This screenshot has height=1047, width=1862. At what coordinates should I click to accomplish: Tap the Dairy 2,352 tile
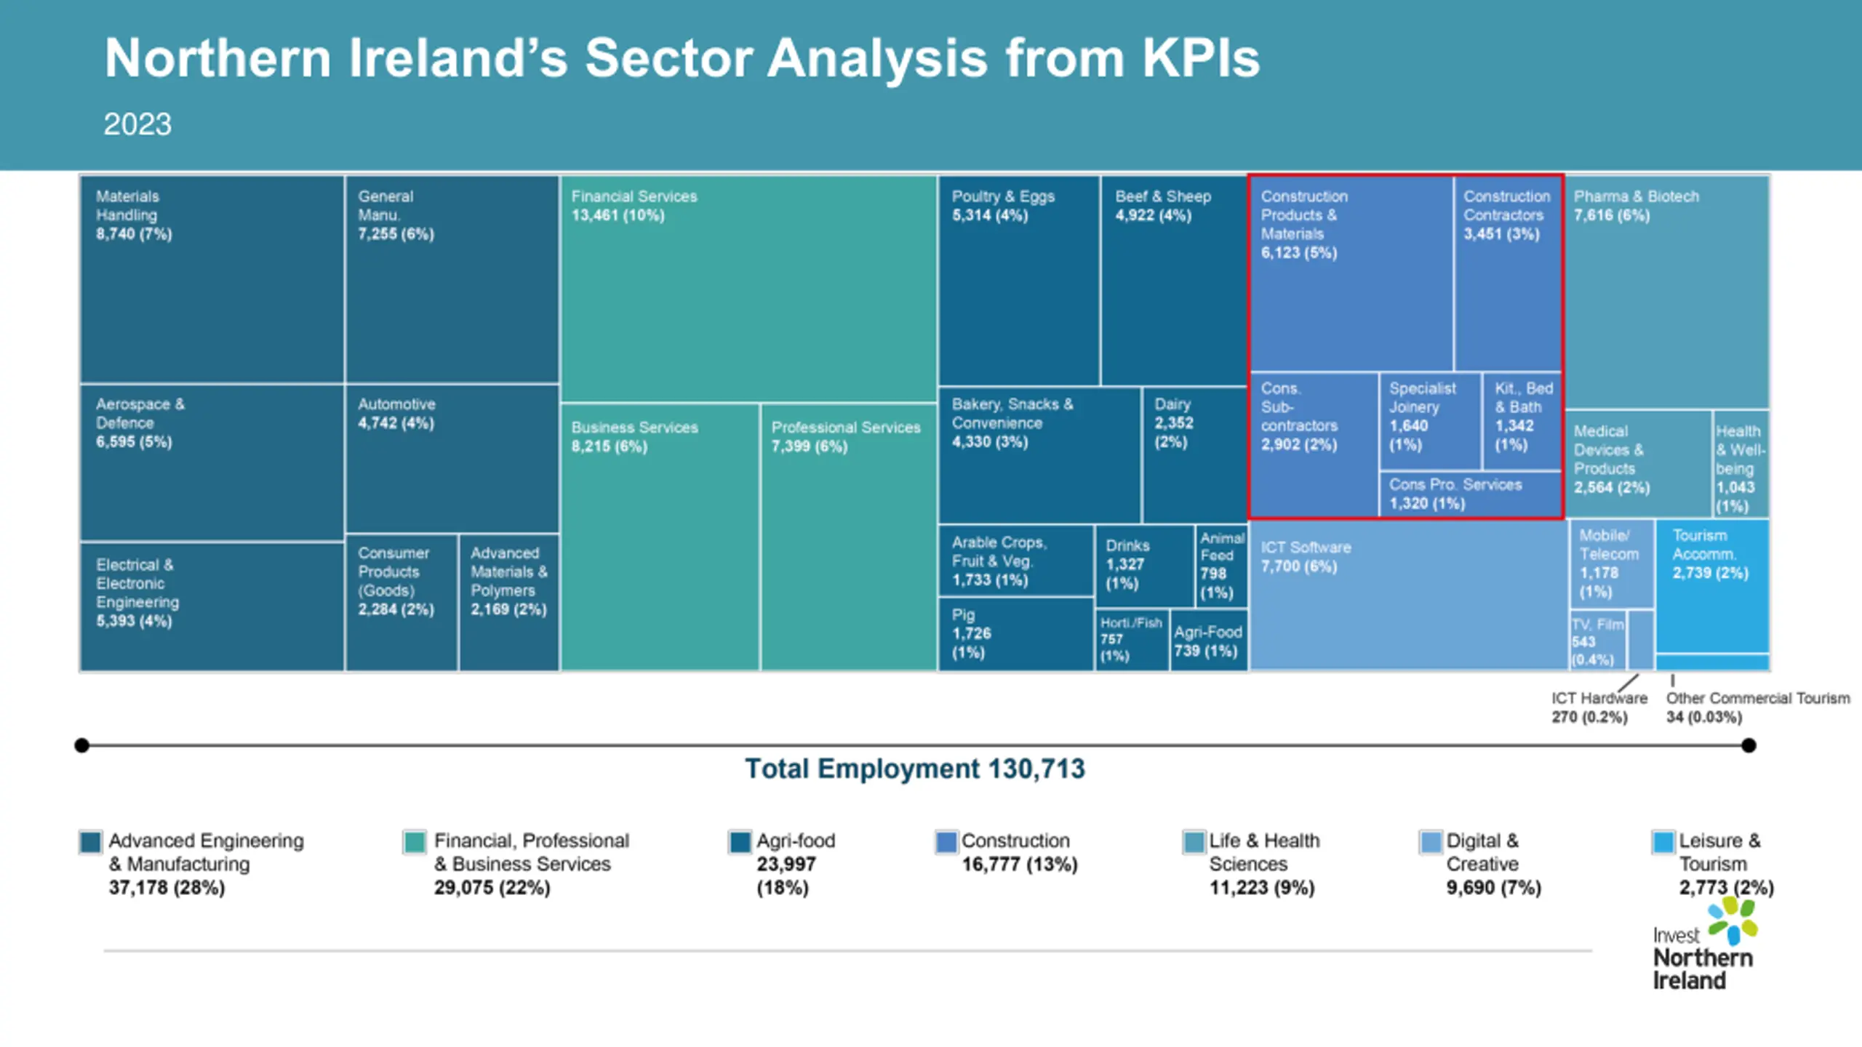click(x=1194, y=454)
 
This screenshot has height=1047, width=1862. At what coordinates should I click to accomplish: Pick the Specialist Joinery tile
click(x=1429, y=420)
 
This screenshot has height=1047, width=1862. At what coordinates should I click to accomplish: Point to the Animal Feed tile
click(x=1221, y=566)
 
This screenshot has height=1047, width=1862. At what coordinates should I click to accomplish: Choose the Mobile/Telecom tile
click(x=1611, y=564)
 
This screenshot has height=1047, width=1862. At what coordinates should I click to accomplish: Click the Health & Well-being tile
click(x=1740, y=465)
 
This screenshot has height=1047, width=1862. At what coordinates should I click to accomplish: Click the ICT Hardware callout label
click(x=1598, y=707)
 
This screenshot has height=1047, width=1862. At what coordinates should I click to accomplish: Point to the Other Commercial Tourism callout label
click(x=1757, y=707)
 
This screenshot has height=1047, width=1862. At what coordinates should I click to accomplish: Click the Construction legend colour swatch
click(x=946, y=842)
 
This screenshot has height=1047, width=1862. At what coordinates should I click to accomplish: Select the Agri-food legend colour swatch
click(x=740, y=842)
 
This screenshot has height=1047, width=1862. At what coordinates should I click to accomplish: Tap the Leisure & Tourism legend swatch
click(x=1663, y=842)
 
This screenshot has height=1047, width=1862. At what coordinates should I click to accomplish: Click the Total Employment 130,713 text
click(x=914, y=769)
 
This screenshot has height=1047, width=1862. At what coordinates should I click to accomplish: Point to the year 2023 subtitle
click(x=137, y=124)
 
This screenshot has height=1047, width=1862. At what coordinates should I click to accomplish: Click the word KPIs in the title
click(x=1200, y=58)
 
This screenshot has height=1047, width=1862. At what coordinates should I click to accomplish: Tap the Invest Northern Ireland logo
click(x=1703, y=946)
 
